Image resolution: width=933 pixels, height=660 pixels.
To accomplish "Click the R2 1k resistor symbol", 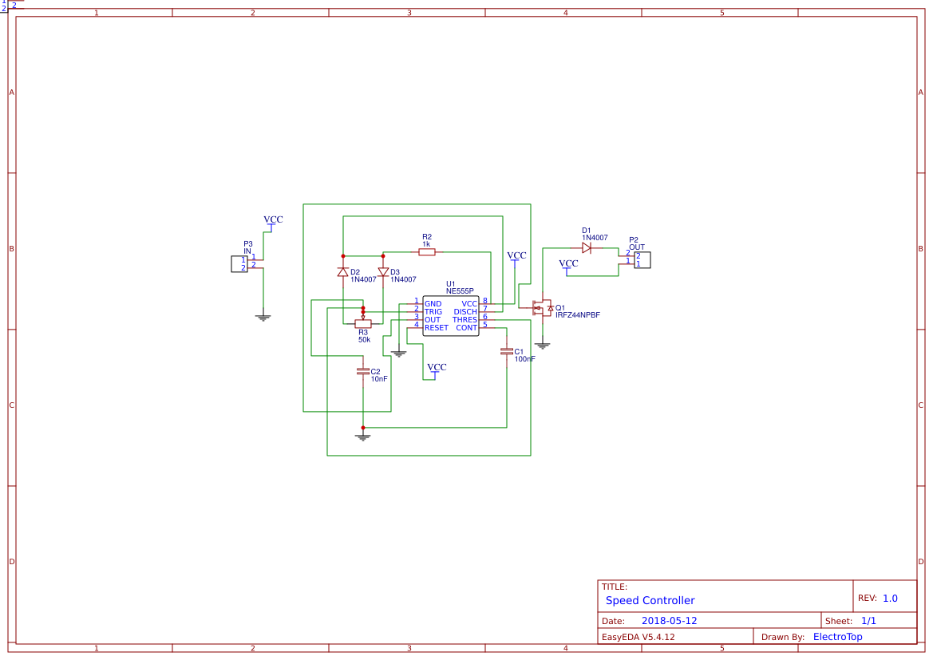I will [427, 252].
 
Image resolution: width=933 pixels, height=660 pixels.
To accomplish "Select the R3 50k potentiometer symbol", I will [362, 323].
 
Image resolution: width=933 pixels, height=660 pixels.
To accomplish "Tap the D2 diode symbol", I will [343, 272].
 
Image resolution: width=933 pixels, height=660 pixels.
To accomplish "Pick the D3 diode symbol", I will [383, 272].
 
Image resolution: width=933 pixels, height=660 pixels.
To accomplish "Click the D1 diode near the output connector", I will [587, 248].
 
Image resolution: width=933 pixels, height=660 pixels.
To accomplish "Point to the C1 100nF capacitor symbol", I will [506, 351].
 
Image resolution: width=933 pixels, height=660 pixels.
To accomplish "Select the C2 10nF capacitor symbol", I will [363, 371].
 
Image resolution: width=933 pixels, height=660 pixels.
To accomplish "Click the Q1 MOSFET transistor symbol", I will [542, 307].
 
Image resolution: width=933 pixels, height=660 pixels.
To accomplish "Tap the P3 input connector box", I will [239, 263].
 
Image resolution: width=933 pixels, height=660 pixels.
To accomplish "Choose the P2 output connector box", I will [642, 259].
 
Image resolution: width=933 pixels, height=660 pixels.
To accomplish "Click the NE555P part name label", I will [460, 291].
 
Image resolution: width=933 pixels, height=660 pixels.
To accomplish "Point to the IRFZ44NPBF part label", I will [577, 315].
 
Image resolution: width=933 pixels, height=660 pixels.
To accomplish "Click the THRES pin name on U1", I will [465, 320].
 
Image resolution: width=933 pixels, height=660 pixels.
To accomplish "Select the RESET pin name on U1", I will [436, 328].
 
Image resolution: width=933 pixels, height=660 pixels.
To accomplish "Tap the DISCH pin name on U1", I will [465, 312].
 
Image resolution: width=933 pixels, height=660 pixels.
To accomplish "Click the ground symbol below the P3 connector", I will [263, 318].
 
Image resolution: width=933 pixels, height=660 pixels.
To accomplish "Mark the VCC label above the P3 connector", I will [273, 219].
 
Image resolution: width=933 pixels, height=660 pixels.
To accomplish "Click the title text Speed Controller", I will [650, 600].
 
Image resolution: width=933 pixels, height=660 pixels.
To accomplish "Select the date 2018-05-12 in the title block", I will [669, 621].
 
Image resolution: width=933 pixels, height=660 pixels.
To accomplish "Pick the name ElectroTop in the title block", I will [837, 637].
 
